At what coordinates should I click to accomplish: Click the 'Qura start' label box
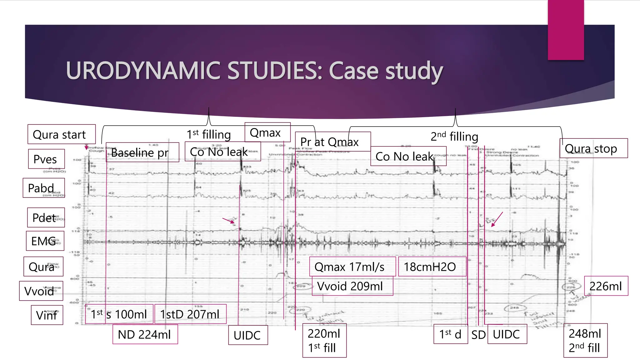62,134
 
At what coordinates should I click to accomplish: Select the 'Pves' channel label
46,159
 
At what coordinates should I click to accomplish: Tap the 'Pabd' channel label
43,188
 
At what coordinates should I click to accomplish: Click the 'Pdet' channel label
46,217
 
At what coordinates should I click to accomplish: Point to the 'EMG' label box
45,241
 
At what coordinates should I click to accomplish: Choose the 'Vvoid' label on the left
41,291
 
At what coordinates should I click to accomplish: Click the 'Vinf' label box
47,315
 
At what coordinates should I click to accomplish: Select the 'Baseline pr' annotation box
142,152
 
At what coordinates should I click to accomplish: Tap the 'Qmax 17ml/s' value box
352,267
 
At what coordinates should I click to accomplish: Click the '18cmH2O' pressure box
432,267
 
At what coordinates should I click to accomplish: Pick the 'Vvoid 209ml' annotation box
352,286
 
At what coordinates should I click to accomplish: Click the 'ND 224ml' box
145,334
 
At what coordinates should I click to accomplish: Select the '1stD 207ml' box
190,314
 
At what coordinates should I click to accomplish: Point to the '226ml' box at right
606,286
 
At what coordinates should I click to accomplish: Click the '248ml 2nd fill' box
585,340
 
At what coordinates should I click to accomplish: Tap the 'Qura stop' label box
593,148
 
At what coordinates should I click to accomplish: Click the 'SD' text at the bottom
478,335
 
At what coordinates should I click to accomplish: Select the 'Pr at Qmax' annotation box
332,142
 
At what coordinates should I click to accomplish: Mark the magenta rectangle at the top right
566,30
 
